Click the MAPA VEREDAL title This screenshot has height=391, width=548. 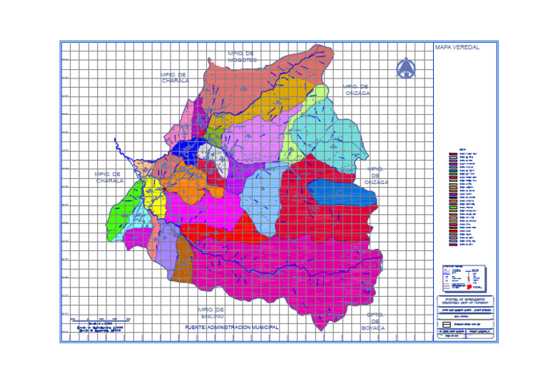[457, 48]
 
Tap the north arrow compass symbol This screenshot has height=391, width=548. [406, 68]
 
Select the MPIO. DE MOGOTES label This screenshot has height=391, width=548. [242, 56]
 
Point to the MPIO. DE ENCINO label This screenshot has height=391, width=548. [211, 313]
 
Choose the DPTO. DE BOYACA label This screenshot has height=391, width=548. [375, 320]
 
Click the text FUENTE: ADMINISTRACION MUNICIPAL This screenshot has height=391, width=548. [232, 327]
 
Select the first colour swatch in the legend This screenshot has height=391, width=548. [452, 153]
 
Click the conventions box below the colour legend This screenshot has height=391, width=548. [464, 276]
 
